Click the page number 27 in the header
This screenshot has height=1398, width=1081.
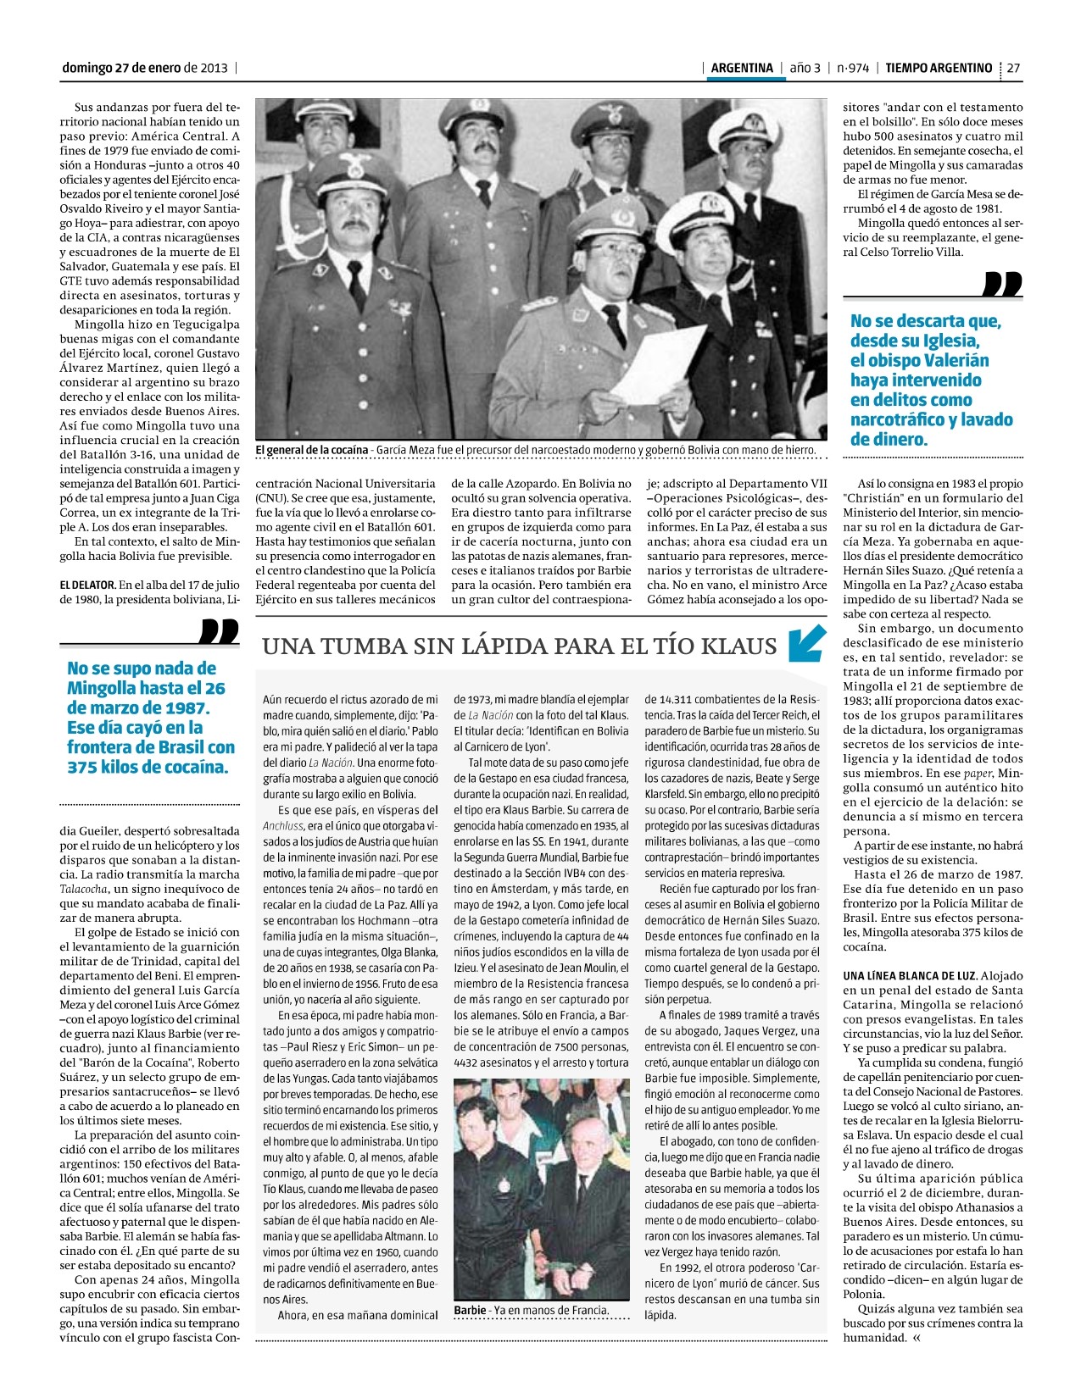[1013, 68]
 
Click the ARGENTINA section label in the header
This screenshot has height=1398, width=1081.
[742, 68]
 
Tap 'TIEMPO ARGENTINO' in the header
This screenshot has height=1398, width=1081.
[939, 68]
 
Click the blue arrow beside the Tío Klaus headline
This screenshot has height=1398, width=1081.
[806, 643]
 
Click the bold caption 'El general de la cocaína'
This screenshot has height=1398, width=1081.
[311, 450]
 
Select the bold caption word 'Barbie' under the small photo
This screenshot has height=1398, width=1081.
[470, 1310]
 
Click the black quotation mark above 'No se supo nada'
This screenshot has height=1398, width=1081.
[220, 631]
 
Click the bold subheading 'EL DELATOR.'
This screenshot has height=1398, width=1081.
[87, 585]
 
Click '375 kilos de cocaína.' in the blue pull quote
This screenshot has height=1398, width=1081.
[148, 768]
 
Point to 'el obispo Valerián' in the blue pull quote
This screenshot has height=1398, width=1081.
[919, 360]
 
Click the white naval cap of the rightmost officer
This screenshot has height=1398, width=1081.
[744, 128]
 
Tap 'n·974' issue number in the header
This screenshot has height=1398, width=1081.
[852, 68]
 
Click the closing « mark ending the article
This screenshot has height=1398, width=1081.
[917, 1338]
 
